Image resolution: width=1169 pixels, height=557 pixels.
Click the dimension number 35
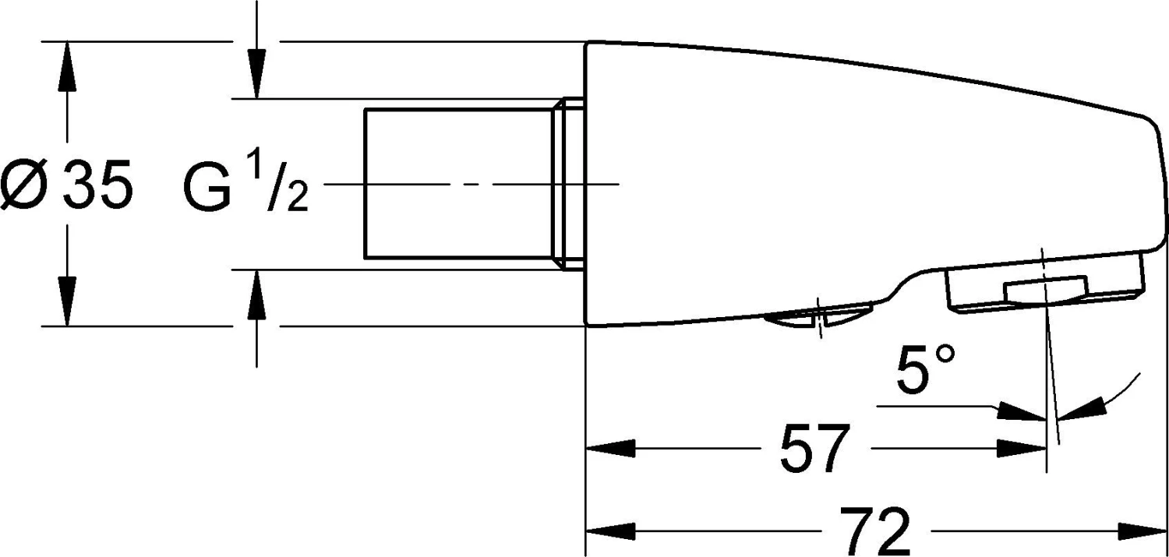pyautogui.click(x=97, y=184)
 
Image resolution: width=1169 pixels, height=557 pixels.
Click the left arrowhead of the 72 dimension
pyautogui.click(x=610, y=532)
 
